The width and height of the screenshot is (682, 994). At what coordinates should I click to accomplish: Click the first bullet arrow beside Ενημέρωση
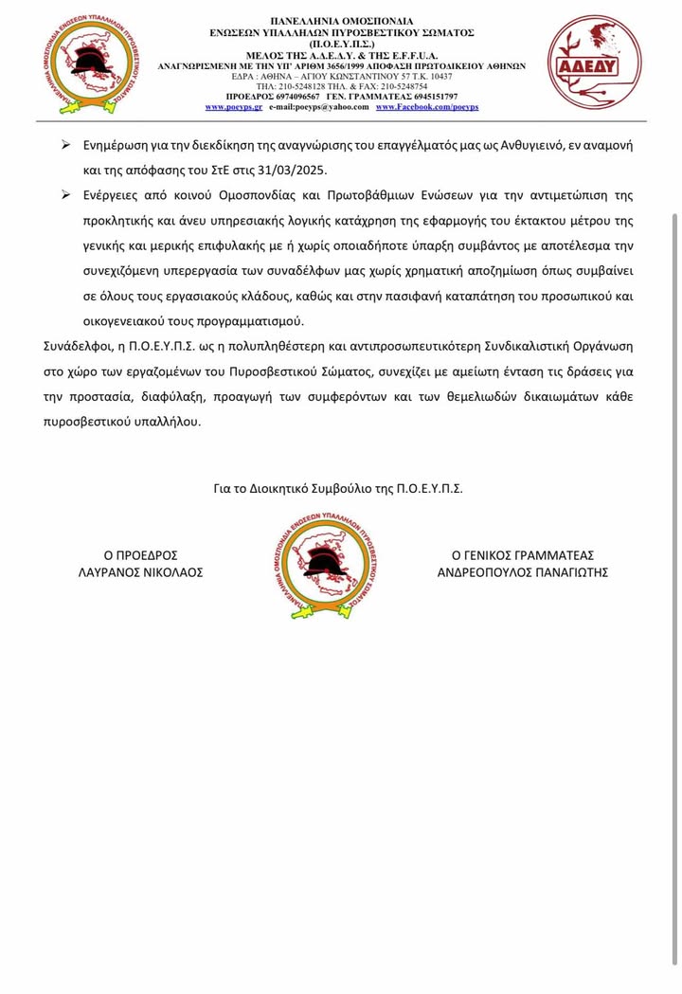coord(66,147)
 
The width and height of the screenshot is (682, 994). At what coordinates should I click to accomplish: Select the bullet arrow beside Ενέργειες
coord(66,195)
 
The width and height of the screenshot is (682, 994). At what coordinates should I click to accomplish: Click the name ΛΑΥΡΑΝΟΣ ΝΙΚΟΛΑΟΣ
coord(140,572)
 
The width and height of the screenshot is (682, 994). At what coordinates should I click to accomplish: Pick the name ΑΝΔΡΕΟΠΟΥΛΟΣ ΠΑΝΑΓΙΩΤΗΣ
coord(522,572)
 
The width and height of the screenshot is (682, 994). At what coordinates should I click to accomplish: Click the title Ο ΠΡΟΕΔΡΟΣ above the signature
coord(140,554)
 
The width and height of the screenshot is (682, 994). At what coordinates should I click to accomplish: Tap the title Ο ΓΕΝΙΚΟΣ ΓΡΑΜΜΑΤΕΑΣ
coord(522,554)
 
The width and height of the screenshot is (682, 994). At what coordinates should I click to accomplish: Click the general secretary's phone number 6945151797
coord(427,98)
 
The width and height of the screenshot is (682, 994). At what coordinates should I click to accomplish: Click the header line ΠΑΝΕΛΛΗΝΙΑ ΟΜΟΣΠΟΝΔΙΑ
coord(341,19)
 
